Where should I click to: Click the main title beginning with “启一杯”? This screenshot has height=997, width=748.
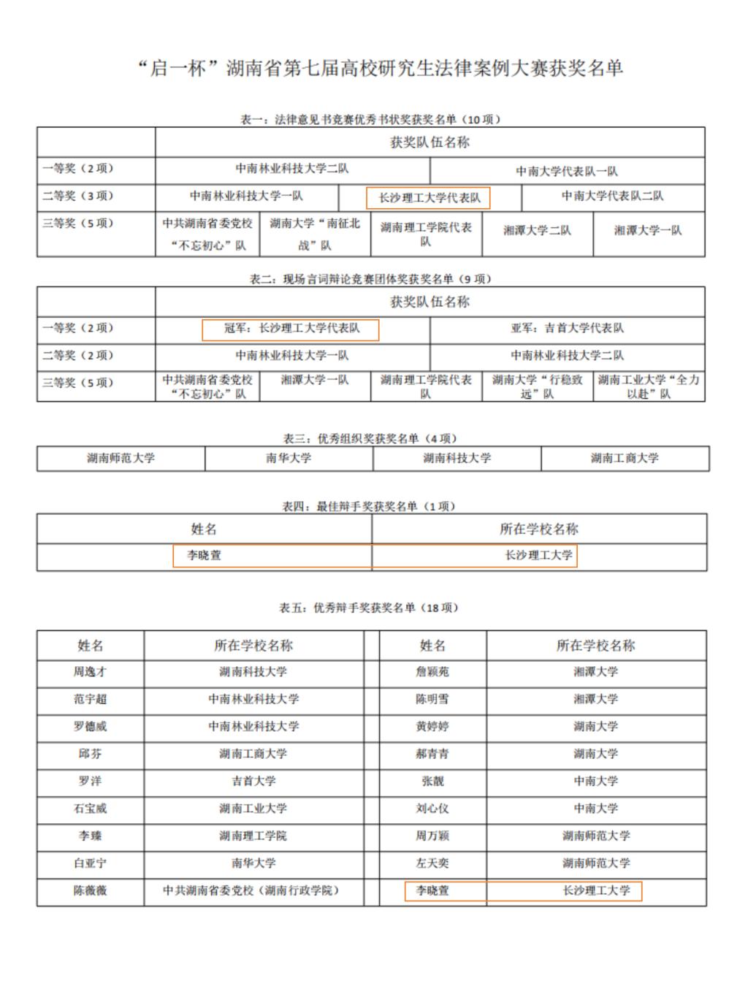click(x=380, y=69)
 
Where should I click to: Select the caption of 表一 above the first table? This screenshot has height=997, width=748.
click(x=371, y=119)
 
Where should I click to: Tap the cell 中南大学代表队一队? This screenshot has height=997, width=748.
click(x=567, y=171)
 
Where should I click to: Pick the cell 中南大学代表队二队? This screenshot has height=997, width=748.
click(x=612, y=196)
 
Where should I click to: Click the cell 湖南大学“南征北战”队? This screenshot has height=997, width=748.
click(x=315, y=234)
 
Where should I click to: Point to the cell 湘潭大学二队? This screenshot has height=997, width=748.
click(x=537, y=230)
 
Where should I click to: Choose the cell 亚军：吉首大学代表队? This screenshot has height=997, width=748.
click(x=567, y=329)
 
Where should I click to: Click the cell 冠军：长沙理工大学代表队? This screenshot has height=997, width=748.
click(x=291, y=329)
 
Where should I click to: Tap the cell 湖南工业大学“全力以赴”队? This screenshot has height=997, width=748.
click(x=649, y=386)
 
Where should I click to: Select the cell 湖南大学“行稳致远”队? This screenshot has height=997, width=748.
click(x=537, y=386)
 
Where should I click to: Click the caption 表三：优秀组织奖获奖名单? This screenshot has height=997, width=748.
click(x=371, y=438)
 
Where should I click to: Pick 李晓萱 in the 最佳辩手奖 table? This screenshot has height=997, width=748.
click(x=205, y=555)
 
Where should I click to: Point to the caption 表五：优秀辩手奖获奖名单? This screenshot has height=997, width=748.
click(x=370, y=608)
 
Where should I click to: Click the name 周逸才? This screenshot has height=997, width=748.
click(x=90, y=672)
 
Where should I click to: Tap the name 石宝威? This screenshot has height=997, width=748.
click(x=90, y=809)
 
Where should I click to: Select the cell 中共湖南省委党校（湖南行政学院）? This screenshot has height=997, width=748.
click(x=253, y=890)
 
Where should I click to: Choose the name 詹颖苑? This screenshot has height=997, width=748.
click(x=432, y=672)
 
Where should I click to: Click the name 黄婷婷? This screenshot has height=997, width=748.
click(x=432, y=727)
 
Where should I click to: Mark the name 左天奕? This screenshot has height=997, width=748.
click(x=432, y=863)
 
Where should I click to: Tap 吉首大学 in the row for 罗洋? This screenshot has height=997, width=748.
click(x=253, y=781)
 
